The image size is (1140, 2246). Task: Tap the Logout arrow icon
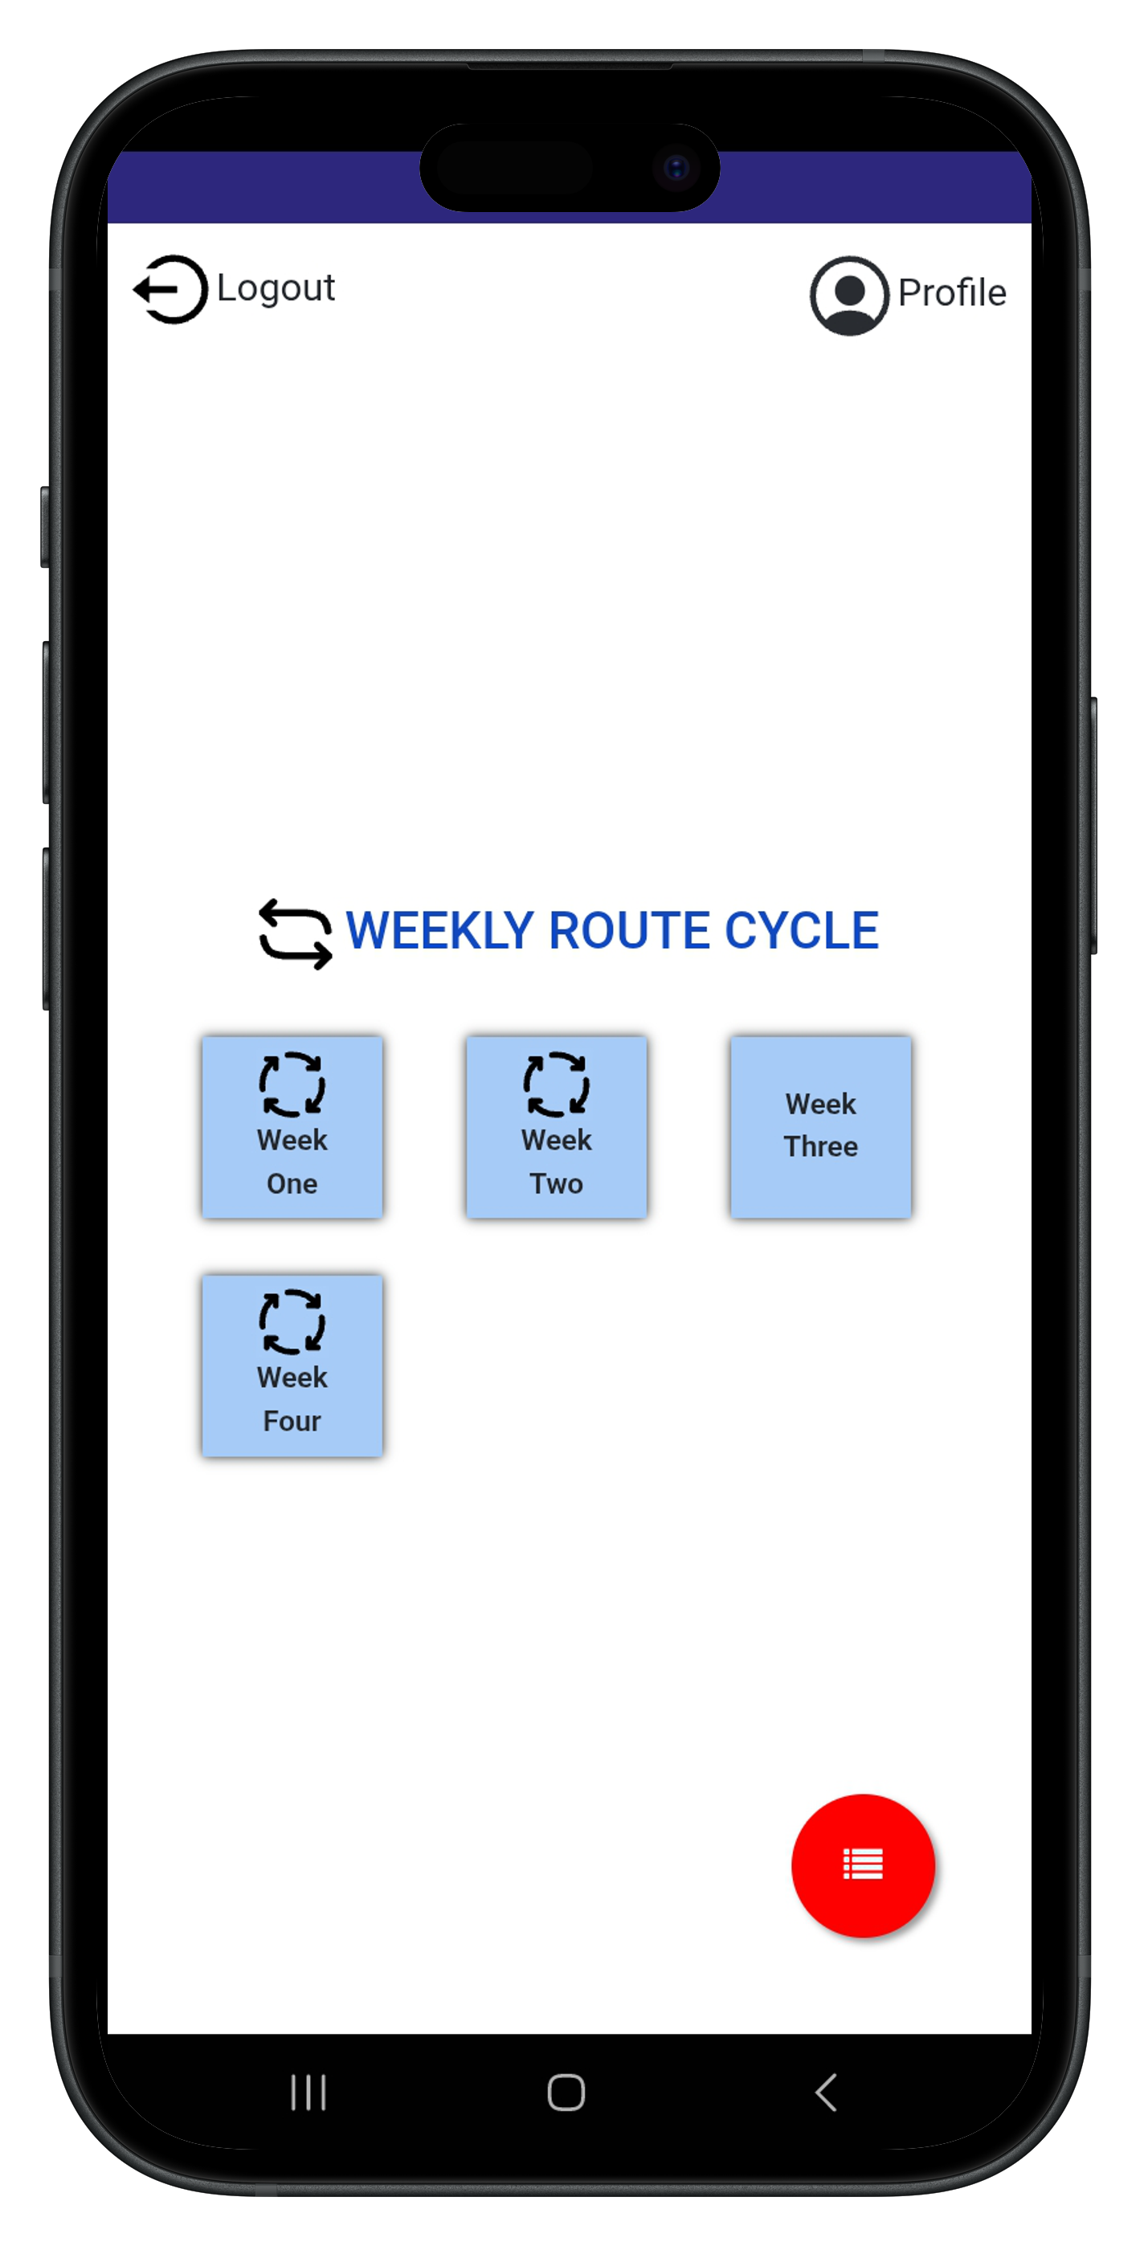click(x=171, y=289)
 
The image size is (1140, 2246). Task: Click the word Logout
click(x=276, y=288)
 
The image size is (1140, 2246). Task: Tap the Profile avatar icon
click(x=848, y=296)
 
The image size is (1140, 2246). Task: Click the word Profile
click(x=951, y=293)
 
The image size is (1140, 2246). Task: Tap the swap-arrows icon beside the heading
click(x=296, y=933)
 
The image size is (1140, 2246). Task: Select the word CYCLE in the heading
click(x=802, y=930)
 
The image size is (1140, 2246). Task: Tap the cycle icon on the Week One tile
click(x=292, y=1084)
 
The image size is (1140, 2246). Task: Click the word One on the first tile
click(x=292, y=1183)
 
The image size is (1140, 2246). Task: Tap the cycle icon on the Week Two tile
click(x=557, y=1084)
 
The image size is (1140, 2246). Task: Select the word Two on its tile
click(x=557, y=1183)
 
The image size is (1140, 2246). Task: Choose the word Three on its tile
click(x=821, y=1145)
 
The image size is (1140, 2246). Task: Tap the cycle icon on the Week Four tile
click(x=292, y=1321)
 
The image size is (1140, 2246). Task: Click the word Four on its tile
click(x=292, y=1420)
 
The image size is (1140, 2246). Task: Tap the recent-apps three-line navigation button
click(x=308, y=2092)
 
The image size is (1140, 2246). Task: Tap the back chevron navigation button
click(x=826, y=2092)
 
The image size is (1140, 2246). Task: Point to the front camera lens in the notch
click(x=676, y=167)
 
